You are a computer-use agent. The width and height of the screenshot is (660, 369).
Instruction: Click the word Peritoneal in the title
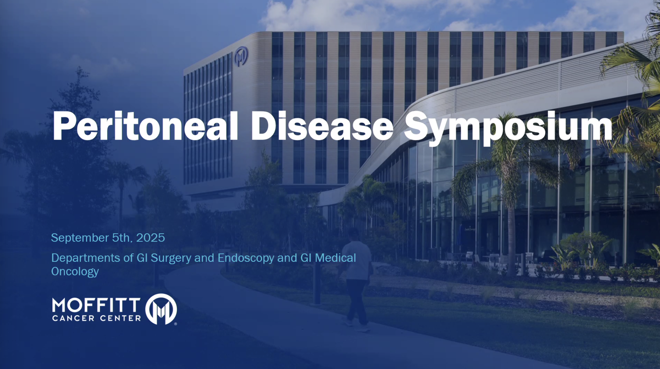(x=145, y=126)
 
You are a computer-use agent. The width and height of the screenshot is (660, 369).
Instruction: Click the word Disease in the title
(x=322, y=126)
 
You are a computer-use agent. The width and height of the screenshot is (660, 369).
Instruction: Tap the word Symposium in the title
(x=508, y=128)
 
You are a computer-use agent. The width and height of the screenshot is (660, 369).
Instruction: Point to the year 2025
(x=150, y=238)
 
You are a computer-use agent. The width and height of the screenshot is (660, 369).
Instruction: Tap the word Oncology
(x=75, y=272)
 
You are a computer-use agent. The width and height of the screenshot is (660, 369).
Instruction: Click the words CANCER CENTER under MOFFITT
(x=96, y=318)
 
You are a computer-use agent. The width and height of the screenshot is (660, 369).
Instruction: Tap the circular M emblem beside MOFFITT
(x=161, y=309)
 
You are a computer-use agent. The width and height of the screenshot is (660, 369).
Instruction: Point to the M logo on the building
(x=241, y=56)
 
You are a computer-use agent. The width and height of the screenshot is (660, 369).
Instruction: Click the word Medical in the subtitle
(x=335, y=258)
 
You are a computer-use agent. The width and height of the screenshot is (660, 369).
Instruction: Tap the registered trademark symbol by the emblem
(x=175, y=324)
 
